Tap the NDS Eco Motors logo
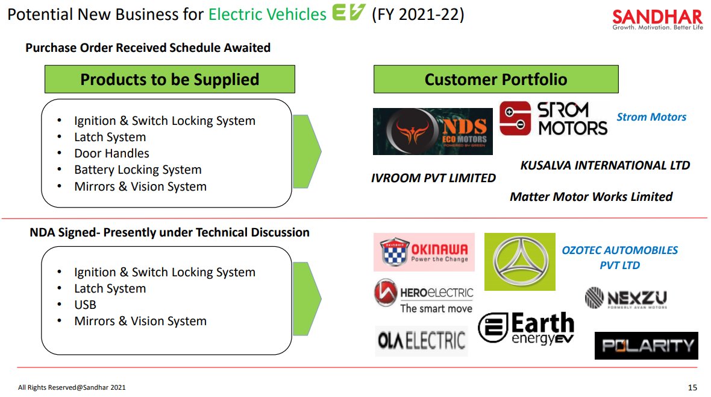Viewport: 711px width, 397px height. tap(433, 131)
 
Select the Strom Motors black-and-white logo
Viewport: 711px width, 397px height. tap(553, 118)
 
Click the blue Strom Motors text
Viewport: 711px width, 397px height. tap(651, 117)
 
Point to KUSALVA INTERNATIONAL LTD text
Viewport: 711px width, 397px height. tap(605, 165)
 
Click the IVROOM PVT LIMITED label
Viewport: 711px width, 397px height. tap(433, 178)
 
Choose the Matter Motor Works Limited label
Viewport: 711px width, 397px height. tap(591, 197)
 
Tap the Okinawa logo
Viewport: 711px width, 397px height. tap(424, 252)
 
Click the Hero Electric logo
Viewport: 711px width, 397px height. tap(424, 296)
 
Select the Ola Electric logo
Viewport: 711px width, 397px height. tap(422, 341)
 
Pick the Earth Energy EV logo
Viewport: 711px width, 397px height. tap(526, 329)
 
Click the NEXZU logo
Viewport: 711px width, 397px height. tap(625, 298)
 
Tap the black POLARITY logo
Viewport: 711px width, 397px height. tap(646, 346)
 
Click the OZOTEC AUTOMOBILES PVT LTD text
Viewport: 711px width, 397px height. tap(619, 258)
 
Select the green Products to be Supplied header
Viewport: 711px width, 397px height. tap(169, 80)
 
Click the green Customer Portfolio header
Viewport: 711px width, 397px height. tap(496, 80)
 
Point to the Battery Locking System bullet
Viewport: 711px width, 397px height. tap(137, 170)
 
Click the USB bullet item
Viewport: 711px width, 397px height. tap(85, 305)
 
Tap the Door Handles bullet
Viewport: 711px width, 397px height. tap(111, 154)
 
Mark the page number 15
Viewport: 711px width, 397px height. tap(692, 387)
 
